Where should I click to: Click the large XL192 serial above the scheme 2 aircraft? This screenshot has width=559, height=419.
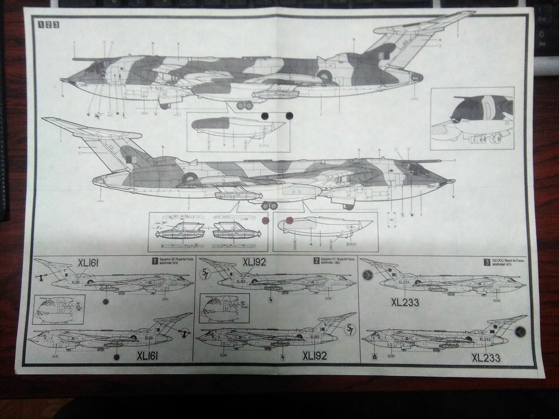[x=254, y=262]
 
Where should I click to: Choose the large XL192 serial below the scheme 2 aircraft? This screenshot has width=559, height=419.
[x=314, y=356]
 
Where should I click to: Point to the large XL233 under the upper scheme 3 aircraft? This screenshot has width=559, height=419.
[x=404, y=303]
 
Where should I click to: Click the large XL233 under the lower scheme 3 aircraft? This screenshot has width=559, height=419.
[x=486, y=358]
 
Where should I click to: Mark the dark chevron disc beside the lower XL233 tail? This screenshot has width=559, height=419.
[x=520, y=332]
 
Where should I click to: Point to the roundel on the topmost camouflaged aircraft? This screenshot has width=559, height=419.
[x=325, y=75]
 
